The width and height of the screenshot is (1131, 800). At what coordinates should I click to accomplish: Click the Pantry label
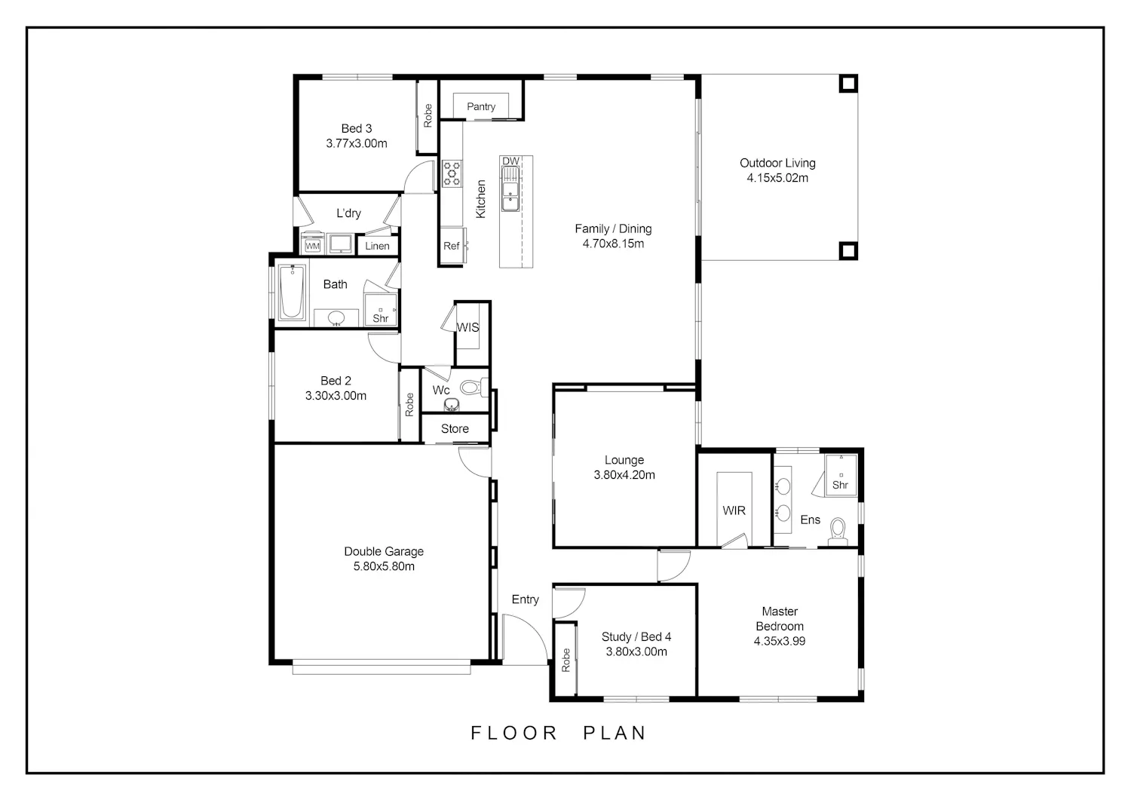click(x=481, y=106)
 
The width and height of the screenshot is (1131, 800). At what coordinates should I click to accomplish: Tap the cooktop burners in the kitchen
click(x=452, y=173)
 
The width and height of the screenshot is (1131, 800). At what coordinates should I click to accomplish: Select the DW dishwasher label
click(x=510, y=161)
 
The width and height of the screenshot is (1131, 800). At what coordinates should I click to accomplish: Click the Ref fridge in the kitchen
click(x=452, y=246)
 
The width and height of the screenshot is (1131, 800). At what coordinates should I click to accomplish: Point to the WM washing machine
click(x=313, y=246)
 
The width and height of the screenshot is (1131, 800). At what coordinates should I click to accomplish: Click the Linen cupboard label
click(x=377, y=246)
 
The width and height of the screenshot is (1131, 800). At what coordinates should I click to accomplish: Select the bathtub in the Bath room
click(x=292, y=291)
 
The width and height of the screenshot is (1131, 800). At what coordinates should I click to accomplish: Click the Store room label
click(x=455, y=429)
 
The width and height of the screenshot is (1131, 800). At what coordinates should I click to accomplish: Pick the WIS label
click(x=467, y=327)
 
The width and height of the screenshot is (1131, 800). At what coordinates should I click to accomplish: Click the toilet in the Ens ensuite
click(x=838, y=531)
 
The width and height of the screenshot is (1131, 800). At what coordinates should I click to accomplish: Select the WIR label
click(x=734, y=510)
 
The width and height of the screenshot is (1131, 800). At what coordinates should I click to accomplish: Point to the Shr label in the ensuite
click(x=840, y=485)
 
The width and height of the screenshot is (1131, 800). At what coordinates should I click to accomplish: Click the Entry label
click(x=525, y=599)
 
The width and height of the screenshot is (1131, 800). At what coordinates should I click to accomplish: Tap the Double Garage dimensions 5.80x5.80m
click(x=384, y=566)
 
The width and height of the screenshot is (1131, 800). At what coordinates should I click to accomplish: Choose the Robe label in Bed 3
click(x=428, y=115)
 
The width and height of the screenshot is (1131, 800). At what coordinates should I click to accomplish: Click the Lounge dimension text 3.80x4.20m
click(x=624, y=475)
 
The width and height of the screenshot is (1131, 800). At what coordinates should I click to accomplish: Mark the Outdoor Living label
click(x=777, y=163)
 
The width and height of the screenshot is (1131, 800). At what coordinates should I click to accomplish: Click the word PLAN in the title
click(x=615, y=733)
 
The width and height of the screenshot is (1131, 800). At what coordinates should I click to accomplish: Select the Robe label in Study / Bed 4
click(x=565, y=660)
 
